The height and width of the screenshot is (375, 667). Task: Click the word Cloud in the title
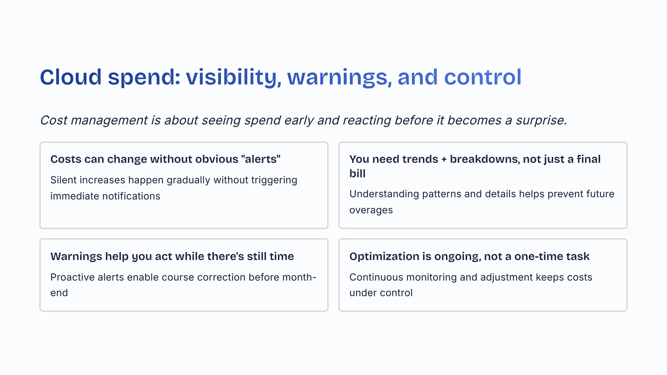[x=71, y=77]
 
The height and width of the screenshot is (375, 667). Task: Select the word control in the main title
[x=483, y=77]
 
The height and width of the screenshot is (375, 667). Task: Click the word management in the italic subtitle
[x=109, y=120]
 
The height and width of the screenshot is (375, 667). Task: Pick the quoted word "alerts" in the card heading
[x=261, y=159]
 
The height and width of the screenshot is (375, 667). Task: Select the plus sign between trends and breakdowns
[x=444, y=159]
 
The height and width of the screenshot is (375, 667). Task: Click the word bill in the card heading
[x=357, y=173]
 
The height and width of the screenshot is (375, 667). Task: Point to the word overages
[x=371, y=210]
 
